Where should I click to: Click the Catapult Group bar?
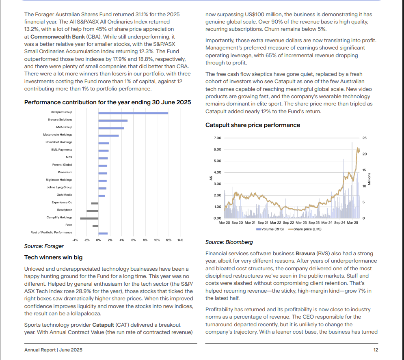133,112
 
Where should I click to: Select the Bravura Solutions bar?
113,120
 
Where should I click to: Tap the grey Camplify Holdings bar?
89,218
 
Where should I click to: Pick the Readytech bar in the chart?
92,211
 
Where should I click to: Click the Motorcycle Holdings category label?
58,135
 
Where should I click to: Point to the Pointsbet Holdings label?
59,142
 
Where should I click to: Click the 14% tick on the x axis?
180,240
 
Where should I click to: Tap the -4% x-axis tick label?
75,240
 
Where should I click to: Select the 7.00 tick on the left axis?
217,138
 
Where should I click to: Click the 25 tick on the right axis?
364,138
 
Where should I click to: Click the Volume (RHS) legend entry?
270,229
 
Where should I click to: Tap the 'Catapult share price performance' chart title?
253,125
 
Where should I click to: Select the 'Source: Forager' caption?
44,246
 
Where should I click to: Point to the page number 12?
376,350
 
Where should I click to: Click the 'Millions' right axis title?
369,179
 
